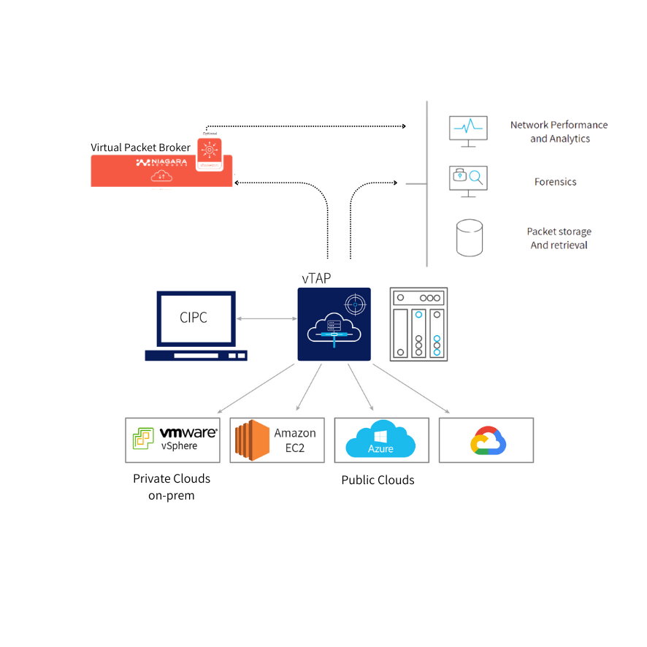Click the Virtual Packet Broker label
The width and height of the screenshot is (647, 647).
click(x=140, y=147)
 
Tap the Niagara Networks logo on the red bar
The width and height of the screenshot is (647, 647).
click(x=162, y=162)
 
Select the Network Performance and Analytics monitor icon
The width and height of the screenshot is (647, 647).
click(x=467, y=129)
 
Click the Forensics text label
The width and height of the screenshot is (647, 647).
click(x=555, y=182)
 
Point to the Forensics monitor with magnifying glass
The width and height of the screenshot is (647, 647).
click(x=467, y=180)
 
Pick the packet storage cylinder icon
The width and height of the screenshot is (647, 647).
click(x=470, y=237)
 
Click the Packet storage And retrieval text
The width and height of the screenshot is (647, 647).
click(x=559, y=238)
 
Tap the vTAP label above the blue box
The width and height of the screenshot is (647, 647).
click(x=316, y=278)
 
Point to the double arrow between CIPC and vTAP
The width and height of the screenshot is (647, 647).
click(x=266, y=318)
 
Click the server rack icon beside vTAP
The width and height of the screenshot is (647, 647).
click(x=418, y=323)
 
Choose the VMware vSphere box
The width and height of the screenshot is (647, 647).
click(x=172, y=440)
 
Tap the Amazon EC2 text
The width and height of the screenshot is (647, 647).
click(x=295, y=440)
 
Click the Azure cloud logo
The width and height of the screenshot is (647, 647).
click(x=380, y=440)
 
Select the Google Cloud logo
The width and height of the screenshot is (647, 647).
click(x=489, y=440)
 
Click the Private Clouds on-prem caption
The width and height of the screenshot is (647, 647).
click(x=172, y=487)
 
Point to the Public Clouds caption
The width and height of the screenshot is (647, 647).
click(x=378, y=480)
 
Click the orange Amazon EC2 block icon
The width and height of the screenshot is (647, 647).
click(x=248, y=440)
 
